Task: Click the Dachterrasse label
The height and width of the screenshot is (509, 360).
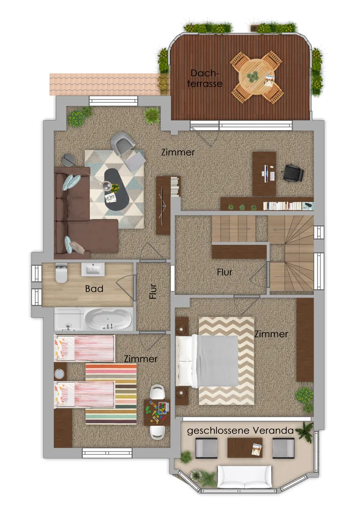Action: [x=205, y=78]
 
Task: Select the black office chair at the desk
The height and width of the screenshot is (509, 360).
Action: [x=293, y=172]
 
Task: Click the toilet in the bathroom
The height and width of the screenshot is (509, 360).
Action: [x=61, y=273]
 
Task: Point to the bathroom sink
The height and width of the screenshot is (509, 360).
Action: [x=93, y=270]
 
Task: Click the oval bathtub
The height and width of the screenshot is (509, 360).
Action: [x=108, y=319]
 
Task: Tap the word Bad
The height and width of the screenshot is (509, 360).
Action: [x=94, y=288]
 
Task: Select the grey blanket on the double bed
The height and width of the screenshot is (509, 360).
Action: [x=218, y=361]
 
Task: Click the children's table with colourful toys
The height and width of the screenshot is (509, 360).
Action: [x=156, y=412]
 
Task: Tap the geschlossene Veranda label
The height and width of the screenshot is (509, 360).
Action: [x=240, y=431]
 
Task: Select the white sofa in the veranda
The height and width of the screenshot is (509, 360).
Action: [x=245, y=476]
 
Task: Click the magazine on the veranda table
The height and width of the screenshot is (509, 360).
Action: [x=256, y=449]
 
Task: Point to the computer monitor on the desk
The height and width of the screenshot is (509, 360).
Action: [x=265, y=173]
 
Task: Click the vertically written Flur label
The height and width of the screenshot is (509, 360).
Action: [x=153, y=291]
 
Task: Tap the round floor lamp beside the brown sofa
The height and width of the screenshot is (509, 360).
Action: [x=68, y=160]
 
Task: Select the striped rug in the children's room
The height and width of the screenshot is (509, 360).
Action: [x=111, y=394]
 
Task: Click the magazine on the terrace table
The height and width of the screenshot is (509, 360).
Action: [x=269, y=81]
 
